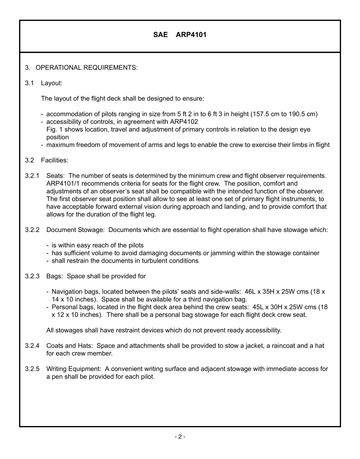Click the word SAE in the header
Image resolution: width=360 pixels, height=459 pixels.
pos(160,35)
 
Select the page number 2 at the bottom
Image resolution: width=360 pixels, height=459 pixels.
pos(180,437)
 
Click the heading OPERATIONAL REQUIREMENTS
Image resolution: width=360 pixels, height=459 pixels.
pos(86,67)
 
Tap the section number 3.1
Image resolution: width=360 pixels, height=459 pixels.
pos(30,83)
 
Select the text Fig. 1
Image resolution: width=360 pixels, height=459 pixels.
pos(52,130)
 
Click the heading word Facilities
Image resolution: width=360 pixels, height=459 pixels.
pos(55,160)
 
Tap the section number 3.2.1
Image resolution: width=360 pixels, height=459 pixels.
pos(32,176)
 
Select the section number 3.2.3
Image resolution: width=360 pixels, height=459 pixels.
pos(32,276)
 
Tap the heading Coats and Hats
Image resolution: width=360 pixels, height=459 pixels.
pos(70,346)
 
